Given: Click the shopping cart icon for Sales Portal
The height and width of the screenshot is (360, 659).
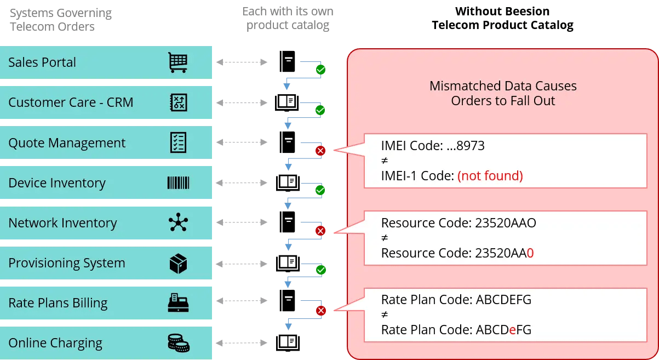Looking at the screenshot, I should tap(177, 62).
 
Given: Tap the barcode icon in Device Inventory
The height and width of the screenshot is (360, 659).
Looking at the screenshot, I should tap(177, 183).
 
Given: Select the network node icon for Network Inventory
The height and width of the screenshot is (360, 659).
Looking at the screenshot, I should tap(177, 223).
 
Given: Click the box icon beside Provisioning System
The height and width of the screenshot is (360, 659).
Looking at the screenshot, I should tap(177, 264).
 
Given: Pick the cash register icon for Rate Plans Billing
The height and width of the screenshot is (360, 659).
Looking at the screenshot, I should tap(177, 303).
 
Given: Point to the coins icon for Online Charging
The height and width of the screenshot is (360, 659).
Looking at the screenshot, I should tap(178, 344).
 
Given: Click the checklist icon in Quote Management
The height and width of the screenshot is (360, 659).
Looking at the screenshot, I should tap(177, 142).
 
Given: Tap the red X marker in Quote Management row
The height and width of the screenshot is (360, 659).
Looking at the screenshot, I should tap(321, 151).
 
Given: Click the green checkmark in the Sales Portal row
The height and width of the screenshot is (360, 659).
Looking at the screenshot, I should tap(321, 70).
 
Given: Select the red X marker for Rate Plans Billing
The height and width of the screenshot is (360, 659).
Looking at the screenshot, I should tap(321, 311).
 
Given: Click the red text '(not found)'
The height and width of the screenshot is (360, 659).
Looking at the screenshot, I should tap(490, 176).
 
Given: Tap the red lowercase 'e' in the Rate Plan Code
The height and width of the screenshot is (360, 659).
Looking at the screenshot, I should tap(512, 330).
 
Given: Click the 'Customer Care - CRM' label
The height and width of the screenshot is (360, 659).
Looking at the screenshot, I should tap(71, 102).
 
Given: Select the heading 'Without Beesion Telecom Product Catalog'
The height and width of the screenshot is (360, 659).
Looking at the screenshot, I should tap(502, 19).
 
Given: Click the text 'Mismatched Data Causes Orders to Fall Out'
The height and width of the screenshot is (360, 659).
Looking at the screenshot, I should tap(502, 94).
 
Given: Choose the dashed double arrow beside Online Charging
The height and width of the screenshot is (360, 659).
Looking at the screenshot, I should tap(242, 343).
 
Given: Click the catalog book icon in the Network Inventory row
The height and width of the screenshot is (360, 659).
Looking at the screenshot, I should tap(287, 221).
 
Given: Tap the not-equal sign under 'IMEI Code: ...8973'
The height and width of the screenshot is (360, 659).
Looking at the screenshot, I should tap(385, 161).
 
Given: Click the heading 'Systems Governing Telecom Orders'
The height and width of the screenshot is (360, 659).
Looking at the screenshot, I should tap(60, 20).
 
